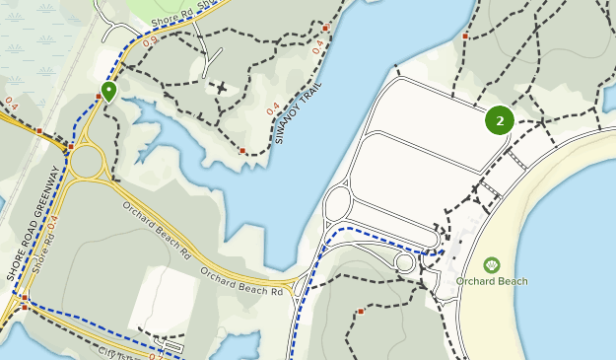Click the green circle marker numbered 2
[x=500, y=120]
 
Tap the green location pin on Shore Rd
[x=108, y=92]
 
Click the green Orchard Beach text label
[x=492, y=281]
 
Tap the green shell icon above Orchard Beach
[x=492, y=264]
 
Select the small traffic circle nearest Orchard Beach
[x=404, y=262]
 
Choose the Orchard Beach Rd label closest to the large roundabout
[x=157, y=226]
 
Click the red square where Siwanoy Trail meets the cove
[x=242, y=151]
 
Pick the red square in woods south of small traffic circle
[x=362, y=312]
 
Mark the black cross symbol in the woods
[x=222, y=87]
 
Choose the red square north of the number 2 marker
[x=465, y=36]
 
